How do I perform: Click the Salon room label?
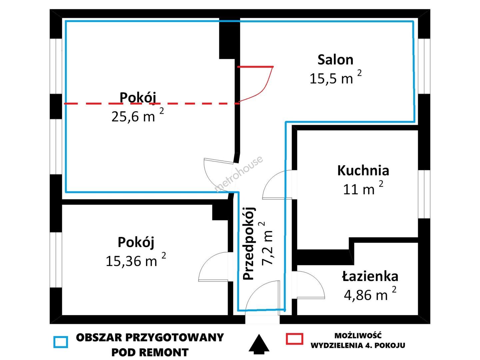coord(335,60)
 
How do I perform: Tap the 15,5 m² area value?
coord(336,78)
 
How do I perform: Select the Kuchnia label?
coord(363,171)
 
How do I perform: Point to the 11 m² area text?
coord(363,188)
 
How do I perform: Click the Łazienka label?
coord(370,276)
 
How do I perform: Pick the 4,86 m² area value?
coord(370,294)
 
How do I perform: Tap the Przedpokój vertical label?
coord(249,243)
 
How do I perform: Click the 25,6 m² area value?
coord(138,115)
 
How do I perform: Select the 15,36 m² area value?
coord(136,260)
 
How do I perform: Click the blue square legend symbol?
coord(61,342)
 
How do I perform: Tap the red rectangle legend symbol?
coord(295,339)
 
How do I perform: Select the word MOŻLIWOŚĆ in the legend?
coord(358,336)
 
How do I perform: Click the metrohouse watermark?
coord(239,174)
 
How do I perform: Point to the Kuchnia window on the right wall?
coord(424,194)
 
